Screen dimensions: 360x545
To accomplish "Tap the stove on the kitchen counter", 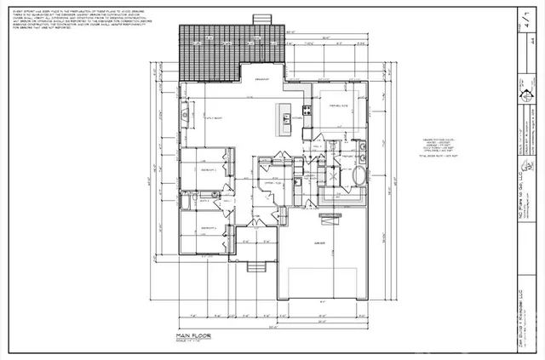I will pos(305,110).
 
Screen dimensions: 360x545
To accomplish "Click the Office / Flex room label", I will pos(272,183).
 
